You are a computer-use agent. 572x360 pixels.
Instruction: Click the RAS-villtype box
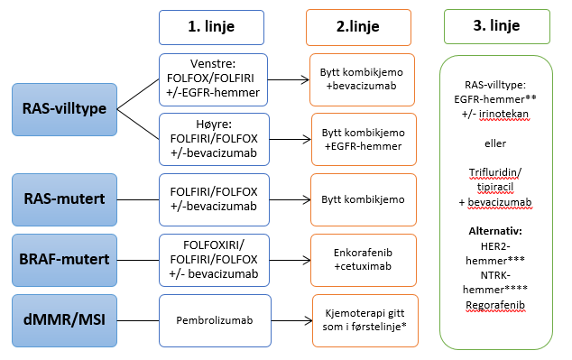(x=65, y=109)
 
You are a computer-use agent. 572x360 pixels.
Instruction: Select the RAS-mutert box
(x=65, y=196)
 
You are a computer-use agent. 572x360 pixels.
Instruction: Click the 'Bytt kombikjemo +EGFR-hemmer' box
(x=363, y=138)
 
